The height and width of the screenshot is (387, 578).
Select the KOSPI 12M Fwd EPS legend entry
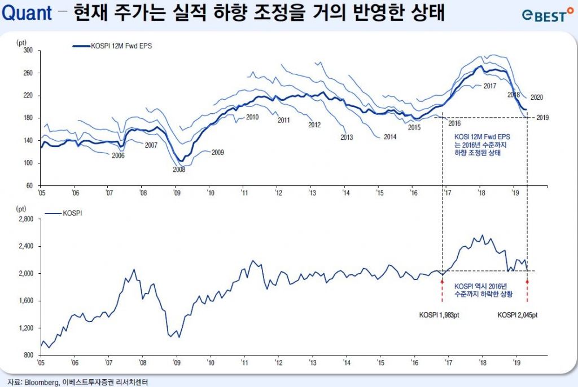point(113,46)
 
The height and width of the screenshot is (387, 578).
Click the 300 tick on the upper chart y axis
point(28,51)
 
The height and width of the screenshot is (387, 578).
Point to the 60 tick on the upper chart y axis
point(30,185)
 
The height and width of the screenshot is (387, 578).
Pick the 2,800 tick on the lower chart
point(25,219)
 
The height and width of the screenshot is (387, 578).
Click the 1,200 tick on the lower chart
point(25,328)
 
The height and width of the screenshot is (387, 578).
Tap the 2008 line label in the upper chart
point(179,169)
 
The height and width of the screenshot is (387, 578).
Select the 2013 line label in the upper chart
point(347,137)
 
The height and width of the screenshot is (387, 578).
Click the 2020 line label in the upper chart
point(536,97)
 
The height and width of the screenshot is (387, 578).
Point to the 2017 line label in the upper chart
point(489,86)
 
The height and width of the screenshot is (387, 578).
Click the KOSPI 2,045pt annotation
point(517,315)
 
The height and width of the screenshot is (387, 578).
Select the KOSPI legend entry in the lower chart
point(70,215)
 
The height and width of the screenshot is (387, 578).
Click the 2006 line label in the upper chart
point(118,155)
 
